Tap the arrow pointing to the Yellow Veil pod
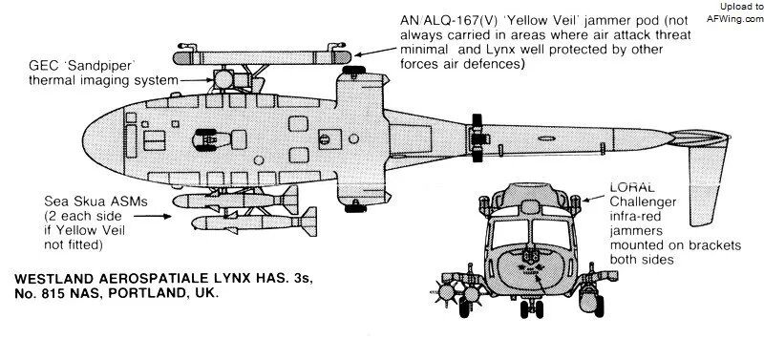tap(375, 52)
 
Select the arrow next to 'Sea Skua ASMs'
tap(152, 215)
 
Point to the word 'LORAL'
tap(632, 187)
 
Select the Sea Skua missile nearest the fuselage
tap(235, 200)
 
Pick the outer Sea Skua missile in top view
tap(254, 222)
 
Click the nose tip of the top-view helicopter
tap(83, 140)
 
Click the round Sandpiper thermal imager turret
tap(224, 79)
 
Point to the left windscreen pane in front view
tap(510, 234)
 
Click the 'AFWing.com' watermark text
tap(734, 18)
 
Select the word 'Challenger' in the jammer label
tap(643, 201)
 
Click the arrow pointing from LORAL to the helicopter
tap(594, 198)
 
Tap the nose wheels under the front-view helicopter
tap(532, 308)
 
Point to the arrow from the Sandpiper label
tap(196, 79)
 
